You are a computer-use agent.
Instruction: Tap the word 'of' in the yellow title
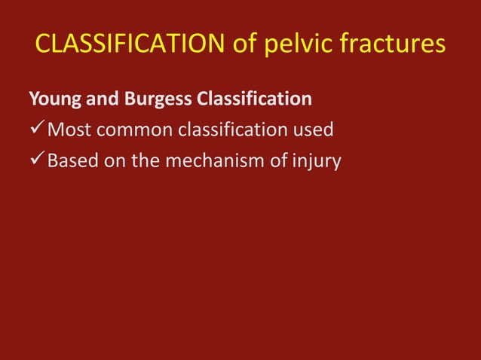pyautogui.click(x=247, y=44)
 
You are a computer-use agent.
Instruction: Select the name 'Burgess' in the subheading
pyautogui.click(x=149, y=99)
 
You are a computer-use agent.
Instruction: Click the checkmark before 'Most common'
pyautogui.click(x=36, y=130)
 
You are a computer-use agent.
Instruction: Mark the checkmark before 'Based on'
pyautogui.click(x=36, y=160)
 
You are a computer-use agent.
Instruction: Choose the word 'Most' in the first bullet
pyautogui.click(x=67, y=130)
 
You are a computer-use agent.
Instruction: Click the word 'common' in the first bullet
pyautogui.click(x=130, y=130)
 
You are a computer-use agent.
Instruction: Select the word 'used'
pyautogui.click(x=313, y=130)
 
